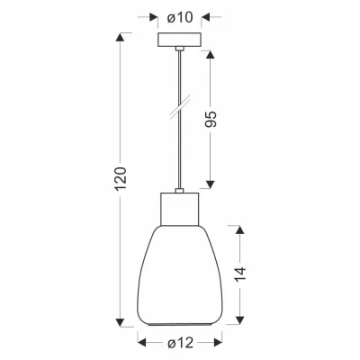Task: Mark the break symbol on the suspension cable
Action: click(179, 114)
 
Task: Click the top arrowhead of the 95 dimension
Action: click(212, 53)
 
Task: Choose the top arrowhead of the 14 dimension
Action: click(240, 228)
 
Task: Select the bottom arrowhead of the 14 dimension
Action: click(240, 321)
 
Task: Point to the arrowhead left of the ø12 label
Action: click(142, 342)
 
